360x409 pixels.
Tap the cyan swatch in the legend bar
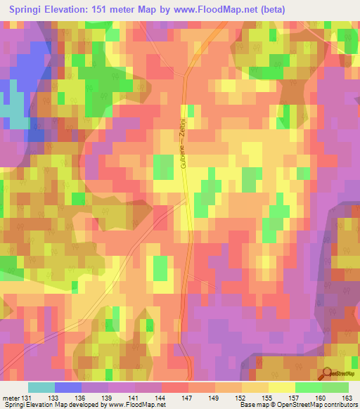41,387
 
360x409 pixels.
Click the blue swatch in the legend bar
68,387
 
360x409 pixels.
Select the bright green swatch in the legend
309,387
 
